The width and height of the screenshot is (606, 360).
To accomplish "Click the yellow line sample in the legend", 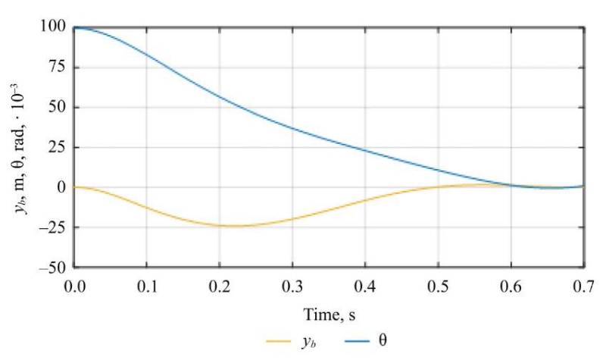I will (x=280, y=342).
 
